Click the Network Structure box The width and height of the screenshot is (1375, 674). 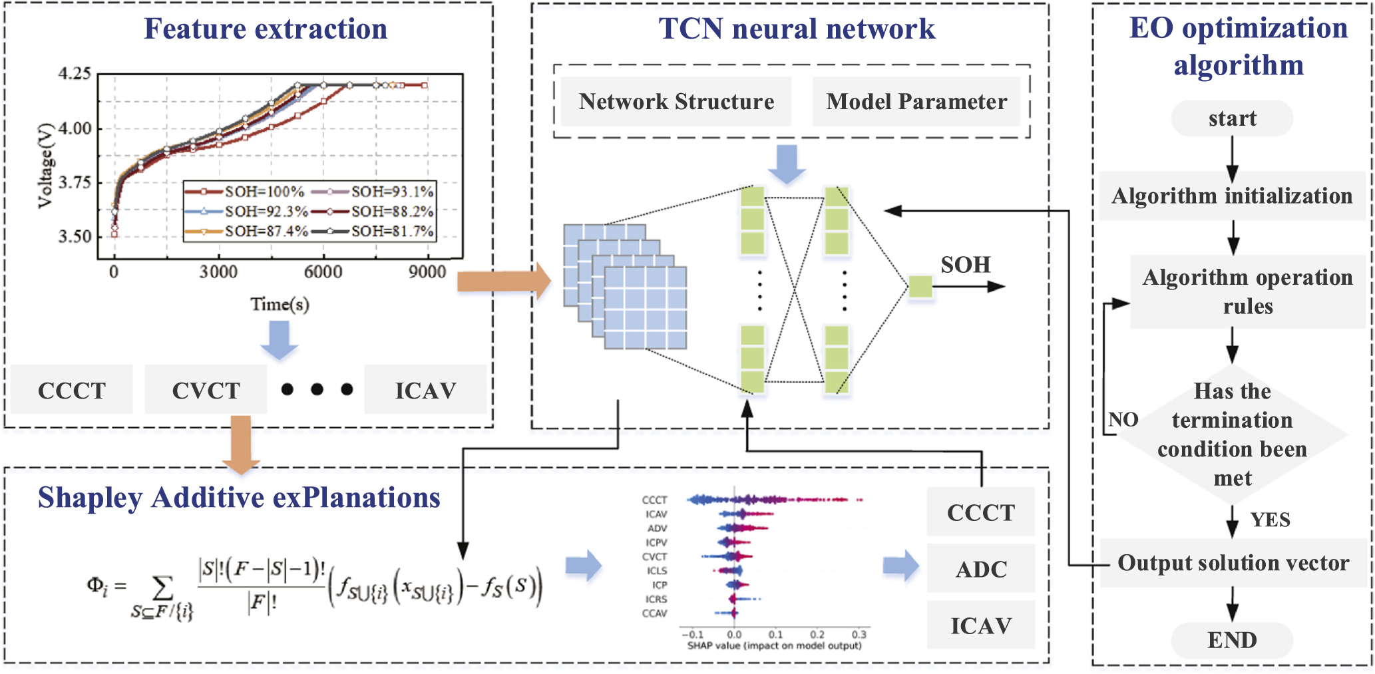[676, 102]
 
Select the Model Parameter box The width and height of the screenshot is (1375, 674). [916, 102]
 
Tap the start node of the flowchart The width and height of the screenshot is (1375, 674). [1232, 118]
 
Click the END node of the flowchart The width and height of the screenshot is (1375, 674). [1232, 640]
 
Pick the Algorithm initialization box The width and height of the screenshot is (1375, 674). [1232, 196]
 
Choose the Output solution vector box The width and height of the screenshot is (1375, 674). [1233, 563]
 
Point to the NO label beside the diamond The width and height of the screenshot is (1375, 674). [1123, 420]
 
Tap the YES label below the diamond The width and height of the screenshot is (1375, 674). [1270, 520]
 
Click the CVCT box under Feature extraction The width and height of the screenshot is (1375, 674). [206, 391]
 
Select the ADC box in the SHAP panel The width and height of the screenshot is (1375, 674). [981, 570]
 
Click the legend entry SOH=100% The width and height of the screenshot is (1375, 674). [264, 192]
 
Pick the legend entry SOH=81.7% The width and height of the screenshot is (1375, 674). [392, 232]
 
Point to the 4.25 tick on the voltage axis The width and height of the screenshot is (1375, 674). [75, 73]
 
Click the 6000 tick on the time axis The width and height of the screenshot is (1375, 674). [323, 271]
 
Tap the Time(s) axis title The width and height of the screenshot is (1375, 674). [280, 304]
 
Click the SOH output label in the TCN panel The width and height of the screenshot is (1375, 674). [966, 265]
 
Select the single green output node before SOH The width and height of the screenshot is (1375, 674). [920, 287]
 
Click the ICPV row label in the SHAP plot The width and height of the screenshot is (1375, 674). [656, 542]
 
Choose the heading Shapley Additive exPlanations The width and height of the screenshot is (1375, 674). [239, 498]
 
